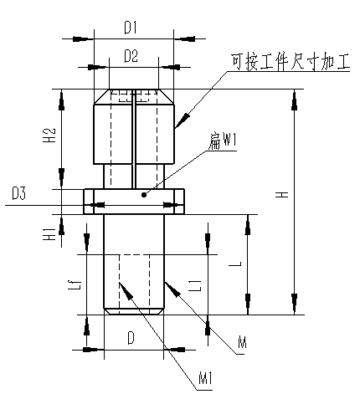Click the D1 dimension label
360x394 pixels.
pyautogui.click(x=131, y=28)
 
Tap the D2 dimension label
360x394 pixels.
pyautogui.click(x=131, y=56)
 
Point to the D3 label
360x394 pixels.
pyautogui.click(x=18, y=193)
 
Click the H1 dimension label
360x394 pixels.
pyautogui.click(x=50, y=233)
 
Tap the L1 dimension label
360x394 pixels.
pyautogui.click(x=194, y=285)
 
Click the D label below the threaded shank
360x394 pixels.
pyautogui.click(x=131, y=338)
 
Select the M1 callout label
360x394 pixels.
pyautogui.click(x=205, y=379)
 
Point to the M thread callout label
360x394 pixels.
pyautogui.click(x=242, y=342)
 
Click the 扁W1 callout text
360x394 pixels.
pyautogui.click(x=222, y=141)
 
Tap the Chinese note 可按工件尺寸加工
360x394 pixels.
pyautogui.click(x=291, y=62)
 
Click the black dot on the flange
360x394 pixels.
pyautogui.click(x=144, y=195)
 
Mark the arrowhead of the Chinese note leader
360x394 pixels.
pyautogui.click(x=182, y=120)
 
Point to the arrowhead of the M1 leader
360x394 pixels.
pyautogui.click(x=126, y=291)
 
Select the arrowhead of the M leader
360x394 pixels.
pyautogui.click(x=172, y=289)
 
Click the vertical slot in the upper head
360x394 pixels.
pyautogui.click(x=134, y=139)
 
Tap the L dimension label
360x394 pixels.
pyautogui.click(x=235, y=264)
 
